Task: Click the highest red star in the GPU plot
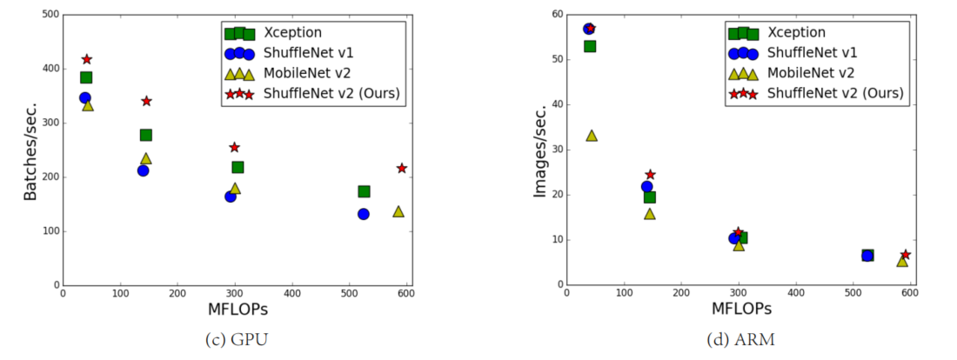click(87, 59)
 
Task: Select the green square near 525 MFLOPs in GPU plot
click(364, 191)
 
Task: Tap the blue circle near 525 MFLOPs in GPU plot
click(363, 214)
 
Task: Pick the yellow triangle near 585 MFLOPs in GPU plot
click(398, 211)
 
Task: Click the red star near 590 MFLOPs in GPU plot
click(401, 168)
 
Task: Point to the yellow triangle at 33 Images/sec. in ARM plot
click(592, 136)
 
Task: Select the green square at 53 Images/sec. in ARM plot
click(590, 46)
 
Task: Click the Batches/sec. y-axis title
click(31, 150)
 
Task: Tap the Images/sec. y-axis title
click(539, 150)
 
